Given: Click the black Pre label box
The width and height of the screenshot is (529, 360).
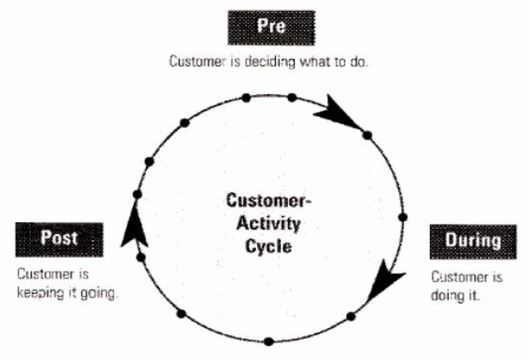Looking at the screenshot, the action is (x=271, y=28).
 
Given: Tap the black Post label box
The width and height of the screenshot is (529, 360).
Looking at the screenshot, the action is (x=59, y=239).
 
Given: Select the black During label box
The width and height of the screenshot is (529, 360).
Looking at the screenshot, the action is (x=473, y=241).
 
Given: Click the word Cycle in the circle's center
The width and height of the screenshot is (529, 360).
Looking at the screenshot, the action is (x=268, y=246).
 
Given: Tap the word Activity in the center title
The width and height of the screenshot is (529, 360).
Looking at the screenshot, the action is (x=268, y=224).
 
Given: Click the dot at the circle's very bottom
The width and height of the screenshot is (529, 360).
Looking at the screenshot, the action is (x=269, y=341).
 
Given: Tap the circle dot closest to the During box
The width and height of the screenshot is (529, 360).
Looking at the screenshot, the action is (x=402, y=217).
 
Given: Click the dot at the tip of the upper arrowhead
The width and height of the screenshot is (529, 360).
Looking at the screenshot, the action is (x=367, y=135).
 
